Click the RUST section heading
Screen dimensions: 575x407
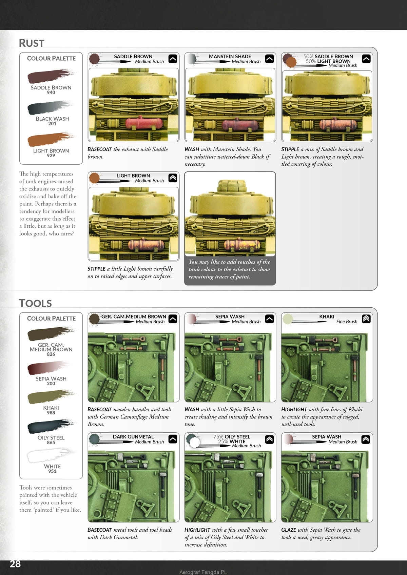pyautogui.click(x=32, y=43)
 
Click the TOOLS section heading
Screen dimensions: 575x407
pyautogui.click(x=35, y=303)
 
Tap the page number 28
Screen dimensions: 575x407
pyautogui.click(x=15, y=563)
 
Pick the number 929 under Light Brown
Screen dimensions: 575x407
pyautogui.click(x=51, y=156)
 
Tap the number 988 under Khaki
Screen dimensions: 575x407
pyautogui.click(x=51, y=413)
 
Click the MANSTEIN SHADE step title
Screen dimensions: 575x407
pyautogui.click(x=230, y=57)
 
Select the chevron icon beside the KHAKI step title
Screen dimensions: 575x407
pyautogui.click(x=366, y=319)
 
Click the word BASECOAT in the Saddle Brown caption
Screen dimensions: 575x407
pyautogui.click(x=99, y=149)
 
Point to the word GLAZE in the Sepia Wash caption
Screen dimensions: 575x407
pyautogui.click(x=288, y=530)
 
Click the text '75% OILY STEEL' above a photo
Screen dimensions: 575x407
pyautogui.click(x=232, y=437)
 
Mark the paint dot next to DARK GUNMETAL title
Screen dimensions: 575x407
pyautogui.click(x=94, y=439)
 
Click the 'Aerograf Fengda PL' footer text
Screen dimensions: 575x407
pyautogui.click(x=203, y=572)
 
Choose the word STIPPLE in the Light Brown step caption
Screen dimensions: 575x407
pyautogui.click(x=96, y=269)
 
